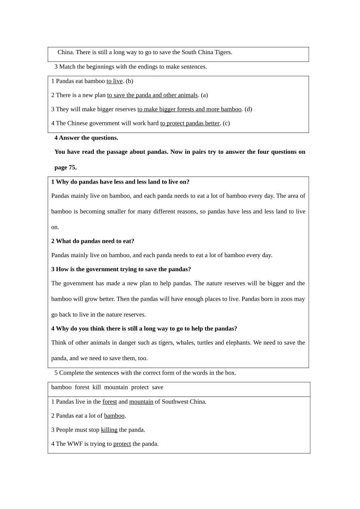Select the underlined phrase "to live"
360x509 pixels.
point(114,81)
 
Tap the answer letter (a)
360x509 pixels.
point(204,95)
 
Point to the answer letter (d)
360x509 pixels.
point(248,109)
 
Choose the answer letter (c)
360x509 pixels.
point(226,123)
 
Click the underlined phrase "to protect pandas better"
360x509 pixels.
point(190,123)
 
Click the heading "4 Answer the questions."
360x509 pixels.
point(86,138)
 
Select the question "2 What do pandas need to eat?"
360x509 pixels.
point(93,241)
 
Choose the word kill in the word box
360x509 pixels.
point(97,387)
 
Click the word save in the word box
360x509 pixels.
point(158,387)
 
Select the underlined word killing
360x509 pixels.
point(109,430)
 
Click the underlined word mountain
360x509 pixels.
point(141,402)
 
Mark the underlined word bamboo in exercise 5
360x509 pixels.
point(114,416)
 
